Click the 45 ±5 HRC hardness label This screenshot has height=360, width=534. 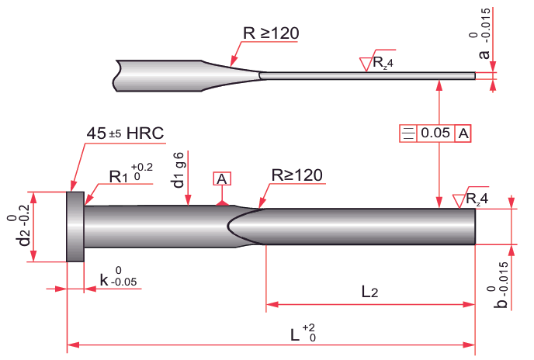[x=125, y=133]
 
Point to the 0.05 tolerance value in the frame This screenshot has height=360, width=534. [x=435, y=133]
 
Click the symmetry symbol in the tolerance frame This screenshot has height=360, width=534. [x=407, y=133]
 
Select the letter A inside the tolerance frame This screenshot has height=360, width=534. [x=463, y=133]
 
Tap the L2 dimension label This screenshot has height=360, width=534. [x=370, y=292]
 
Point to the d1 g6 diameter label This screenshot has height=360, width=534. [x=179, y=170]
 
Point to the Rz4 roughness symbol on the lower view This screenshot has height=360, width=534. [x=470, y=199]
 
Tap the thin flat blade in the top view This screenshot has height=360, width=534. [x=365, y=75]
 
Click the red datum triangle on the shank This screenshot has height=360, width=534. [x=222, y=202]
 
